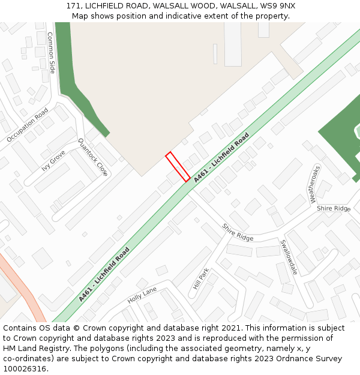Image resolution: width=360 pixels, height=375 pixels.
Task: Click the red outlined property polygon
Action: tap(178, 166)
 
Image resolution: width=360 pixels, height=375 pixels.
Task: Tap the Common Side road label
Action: tap(51, 53)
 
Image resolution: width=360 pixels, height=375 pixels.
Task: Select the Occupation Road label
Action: tap(28, 125)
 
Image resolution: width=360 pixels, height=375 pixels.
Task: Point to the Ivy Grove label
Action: tap(53, 161)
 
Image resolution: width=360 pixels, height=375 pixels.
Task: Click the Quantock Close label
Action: tap(93, 157)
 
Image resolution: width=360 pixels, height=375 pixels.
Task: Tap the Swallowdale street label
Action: tap(289, 257)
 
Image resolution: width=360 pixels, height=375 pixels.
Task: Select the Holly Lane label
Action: tap(142, 295)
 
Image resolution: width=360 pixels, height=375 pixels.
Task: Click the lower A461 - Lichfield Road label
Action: tap(104, 274)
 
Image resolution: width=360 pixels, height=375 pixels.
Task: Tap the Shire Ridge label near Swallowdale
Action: tap(238, 232)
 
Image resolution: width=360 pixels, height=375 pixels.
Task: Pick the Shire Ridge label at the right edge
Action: tap(334, 208)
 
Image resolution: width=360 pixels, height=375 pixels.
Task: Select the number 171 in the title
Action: tap(74, 6)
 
